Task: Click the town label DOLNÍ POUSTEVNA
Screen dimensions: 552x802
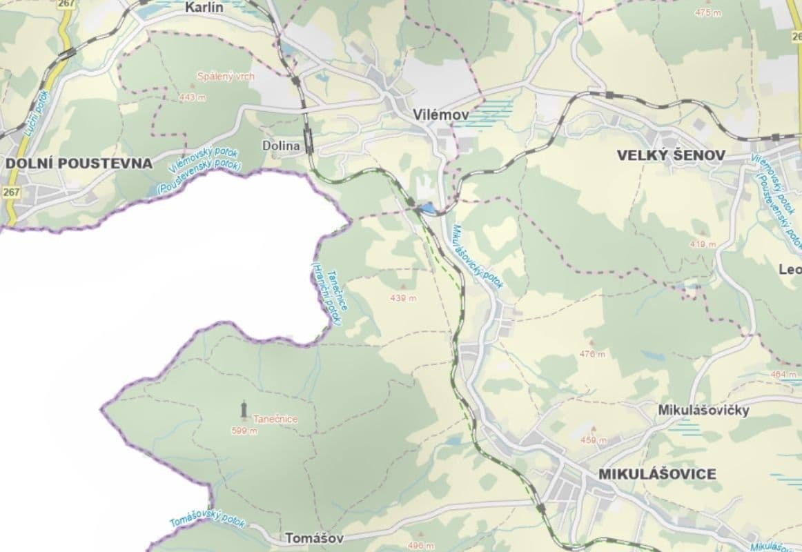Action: (x=78, y=164)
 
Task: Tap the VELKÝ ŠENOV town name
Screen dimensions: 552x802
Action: (x=670, y=156)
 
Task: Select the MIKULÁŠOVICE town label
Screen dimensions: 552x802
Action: (x=657, y=474)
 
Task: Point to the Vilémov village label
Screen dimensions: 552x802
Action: (x=440, y=115)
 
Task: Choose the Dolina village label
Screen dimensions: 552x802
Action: (x=282, y=146)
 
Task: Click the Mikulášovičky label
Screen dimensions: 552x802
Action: (x=703, y=410)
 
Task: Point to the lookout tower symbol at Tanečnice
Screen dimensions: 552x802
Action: (x=244, y=410)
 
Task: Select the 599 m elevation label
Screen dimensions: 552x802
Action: (x=244, y=431)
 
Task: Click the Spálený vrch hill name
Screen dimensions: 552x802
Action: (x=226, y=77)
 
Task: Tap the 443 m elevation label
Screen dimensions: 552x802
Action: (x=192, y=98)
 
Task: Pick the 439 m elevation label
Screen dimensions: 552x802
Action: (x=403, y=298)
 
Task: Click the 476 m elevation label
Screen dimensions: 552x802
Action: (x=591, y=354)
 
